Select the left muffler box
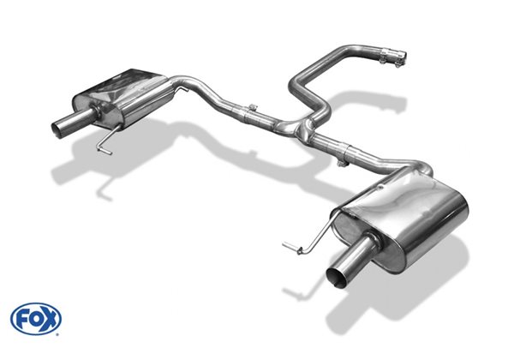tap(122, 96)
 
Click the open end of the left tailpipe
tap(57, 129)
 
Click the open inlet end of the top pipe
tap(405, 56)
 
